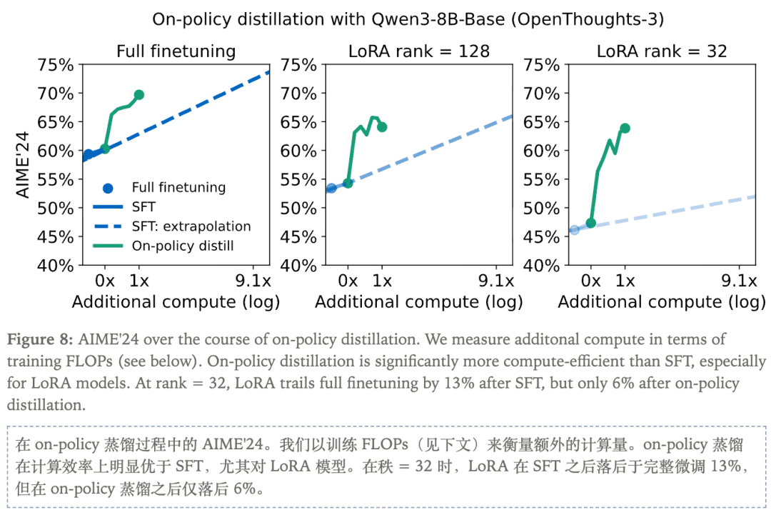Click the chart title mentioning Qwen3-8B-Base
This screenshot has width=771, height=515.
click(408, 19)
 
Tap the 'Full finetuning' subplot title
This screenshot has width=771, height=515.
click(176, 51)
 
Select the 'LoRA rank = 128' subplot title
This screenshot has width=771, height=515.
click(419, 51)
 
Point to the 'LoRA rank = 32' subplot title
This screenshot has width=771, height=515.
click(662, 51)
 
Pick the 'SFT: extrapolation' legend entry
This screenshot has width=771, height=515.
click(191, 226)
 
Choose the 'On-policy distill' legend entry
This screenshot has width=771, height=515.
click(183, 246)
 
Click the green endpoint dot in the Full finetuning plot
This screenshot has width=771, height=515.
click(139, 95)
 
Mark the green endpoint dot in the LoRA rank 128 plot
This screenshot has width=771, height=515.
click(382, 127)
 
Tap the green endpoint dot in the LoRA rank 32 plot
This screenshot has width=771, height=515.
click(625, 128)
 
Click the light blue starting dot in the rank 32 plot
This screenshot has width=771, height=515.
click(574, 230)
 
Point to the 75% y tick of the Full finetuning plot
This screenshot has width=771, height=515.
click(55, 65)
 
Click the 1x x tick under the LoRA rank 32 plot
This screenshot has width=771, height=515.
click(625, 279)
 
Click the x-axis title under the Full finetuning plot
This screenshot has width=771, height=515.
click(176, 301)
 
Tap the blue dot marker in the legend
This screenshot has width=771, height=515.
click(108, 188)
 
